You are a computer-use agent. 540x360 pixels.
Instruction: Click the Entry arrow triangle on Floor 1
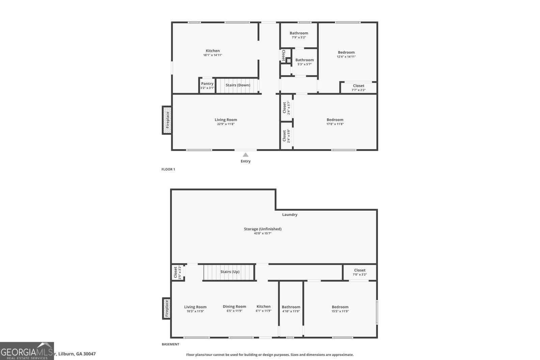coord(246,155)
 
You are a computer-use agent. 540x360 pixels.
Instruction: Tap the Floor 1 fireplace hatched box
coord(167,120)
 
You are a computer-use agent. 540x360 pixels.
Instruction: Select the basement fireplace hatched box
coord(166,308)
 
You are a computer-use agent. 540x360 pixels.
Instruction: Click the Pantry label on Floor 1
coord(207,84)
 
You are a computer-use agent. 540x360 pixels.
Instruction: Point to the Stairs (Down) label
coord(238,85)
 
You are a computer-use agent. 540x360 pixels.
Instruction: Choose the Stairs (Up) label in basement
coord(230,272)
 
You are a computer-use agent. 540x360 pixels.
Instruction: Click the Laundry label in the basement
coord(290,215)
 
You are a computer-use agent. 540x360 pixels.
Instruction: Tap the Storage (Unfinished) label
coord(263,229)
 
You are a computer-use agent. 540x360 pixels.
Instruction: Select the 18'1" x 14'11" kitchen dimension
coord(213,55)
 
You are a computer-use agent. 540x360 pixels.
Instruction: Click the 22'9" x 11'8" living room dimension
coord(226,124)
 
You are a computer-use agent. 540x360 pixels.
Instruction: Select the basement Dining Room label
coord(234,307)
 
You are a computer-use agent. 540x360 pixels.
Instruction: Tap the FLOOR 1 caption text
coord(168,169)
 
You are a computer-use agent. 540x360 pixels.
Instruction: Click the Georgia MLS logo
coord(27,351)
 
